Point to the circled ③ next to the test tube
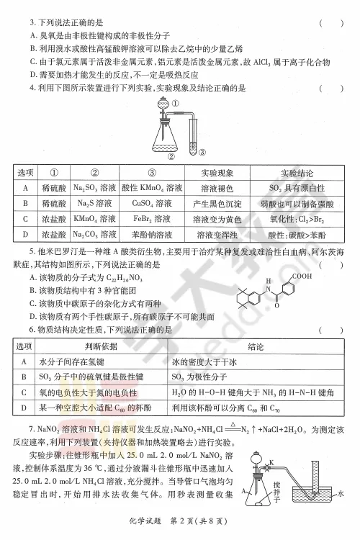tap(203, 151)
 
